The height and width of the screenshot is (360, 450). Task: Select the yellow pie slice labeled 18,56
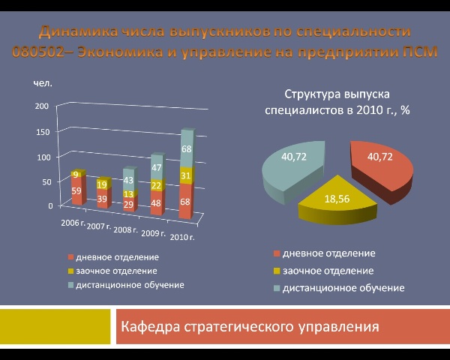pyautogui.click(x=337, y=201)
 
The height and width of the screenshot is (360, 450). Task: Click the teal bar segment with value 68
pyautogui.click(x=187, y=148)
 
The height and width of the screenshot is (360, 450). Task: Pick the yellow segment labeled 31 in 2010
pyautogui.click(x=186, y=175)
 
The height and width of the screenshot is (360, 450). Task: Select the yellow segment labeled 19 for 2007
pyautogui.click(x=103, y=184)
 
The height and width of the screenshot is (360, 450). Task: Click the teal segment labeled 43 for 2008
pyautogui.click(x=130, y=179)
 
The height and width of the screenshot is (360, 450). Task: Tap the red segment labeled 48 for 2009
pyautogui.click(x=157, y=202)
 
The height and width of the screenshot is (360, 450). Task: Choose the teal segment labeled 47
pyautogui.click(x=157, y=167)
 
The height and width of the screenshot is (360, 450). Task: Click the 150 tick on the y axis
pyautogui.click(x=43, y=132)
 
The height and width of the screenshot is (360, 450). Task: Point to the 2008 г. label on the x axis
pyautogui.click(x=126, y=230)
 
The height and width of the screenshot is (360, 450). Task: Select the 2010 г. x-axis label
pyautogui.click(x=182, y=238)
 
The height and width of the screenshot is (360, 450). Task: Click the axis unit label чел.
pyautogui.click(x=43, y=83)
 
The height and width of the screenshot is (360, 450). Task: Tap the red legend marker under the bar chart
pyautogui.click(x=70, y=257)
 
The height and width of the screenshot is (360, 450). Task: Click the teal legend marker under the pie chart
pyautogui.click(x=277, y=288)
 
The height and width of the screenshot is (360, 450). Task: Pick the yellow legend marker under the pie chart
pyautogui.click(x=277, y=271)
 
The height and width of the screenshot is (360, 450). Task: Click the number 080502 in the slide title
pyautogui.click(x=38, y=52)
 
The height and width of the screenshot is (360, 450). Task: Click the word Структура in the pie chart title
pyautogui.click(x=312, y=94)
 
